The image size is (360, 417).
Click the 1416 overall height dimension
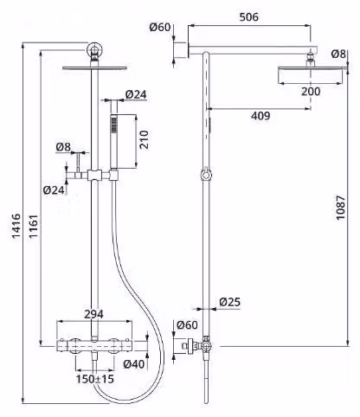click(16, 226)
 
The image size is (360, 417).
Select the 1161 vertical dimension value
click(34, 226)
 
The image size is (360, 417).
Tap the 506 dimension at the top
click(249, 17)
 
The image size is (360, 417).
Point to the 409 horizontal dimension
click(260, 116)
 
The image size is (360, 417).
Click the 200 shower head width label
click(311, 92)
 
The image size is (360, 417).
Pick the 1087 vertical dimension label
click(341, 208)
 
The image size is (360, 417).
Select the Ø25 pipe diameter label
click(229, 302)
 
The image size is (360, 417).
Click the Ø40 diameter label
click(134, 364)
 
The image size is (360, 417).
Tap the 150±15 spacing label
click(95, 379)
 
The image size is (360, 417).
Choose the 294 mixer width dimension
click(93, 314)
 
